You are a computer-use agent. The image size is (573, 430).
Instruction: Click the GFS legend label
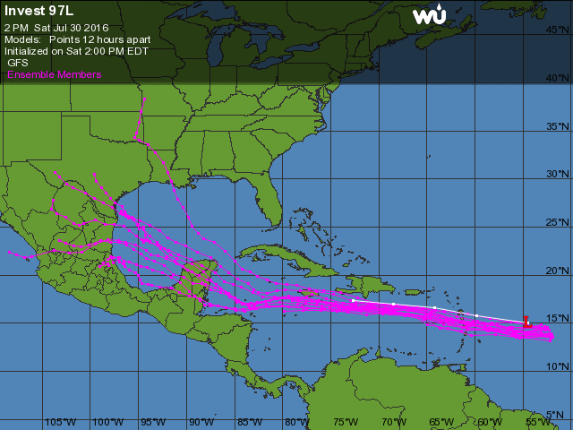pyautogui.click(x=18, y=64)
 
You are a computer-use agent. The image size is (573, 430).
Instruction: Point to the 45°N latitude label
pyautogui.click(x=559, y=30)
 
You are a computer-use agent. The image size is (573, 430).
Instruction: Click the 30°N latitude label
pyautogui.click(x=559, y=174)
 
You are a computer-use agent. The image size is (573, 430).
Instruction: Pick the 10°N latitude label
pyautogui.click(x=559, y=366)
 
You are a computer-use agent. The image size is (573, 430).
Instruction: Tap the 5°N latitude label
pyautogui.click(x=559, y=414)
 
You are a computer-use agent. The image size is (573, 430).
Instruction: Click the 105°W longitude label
pyautogui.click(x=59, y=422)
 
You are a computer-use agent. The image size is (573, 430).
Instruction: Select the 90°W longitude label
pyautogui.click(x=201, y=422)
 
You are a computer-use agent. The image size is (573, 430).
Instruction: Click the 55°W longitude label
pyautogui.click(x=537, y=422)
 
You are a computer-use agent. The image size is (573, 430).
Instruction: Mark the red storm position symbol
pyautogui.click(x=527, y=321)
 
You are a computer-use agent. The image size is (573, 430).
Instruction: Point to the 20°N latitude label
pyautogui.click(x=559, y=271)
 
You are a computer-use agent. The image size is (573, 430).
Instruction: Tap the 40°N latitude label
pyautogui.click(x=559, y=78)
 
